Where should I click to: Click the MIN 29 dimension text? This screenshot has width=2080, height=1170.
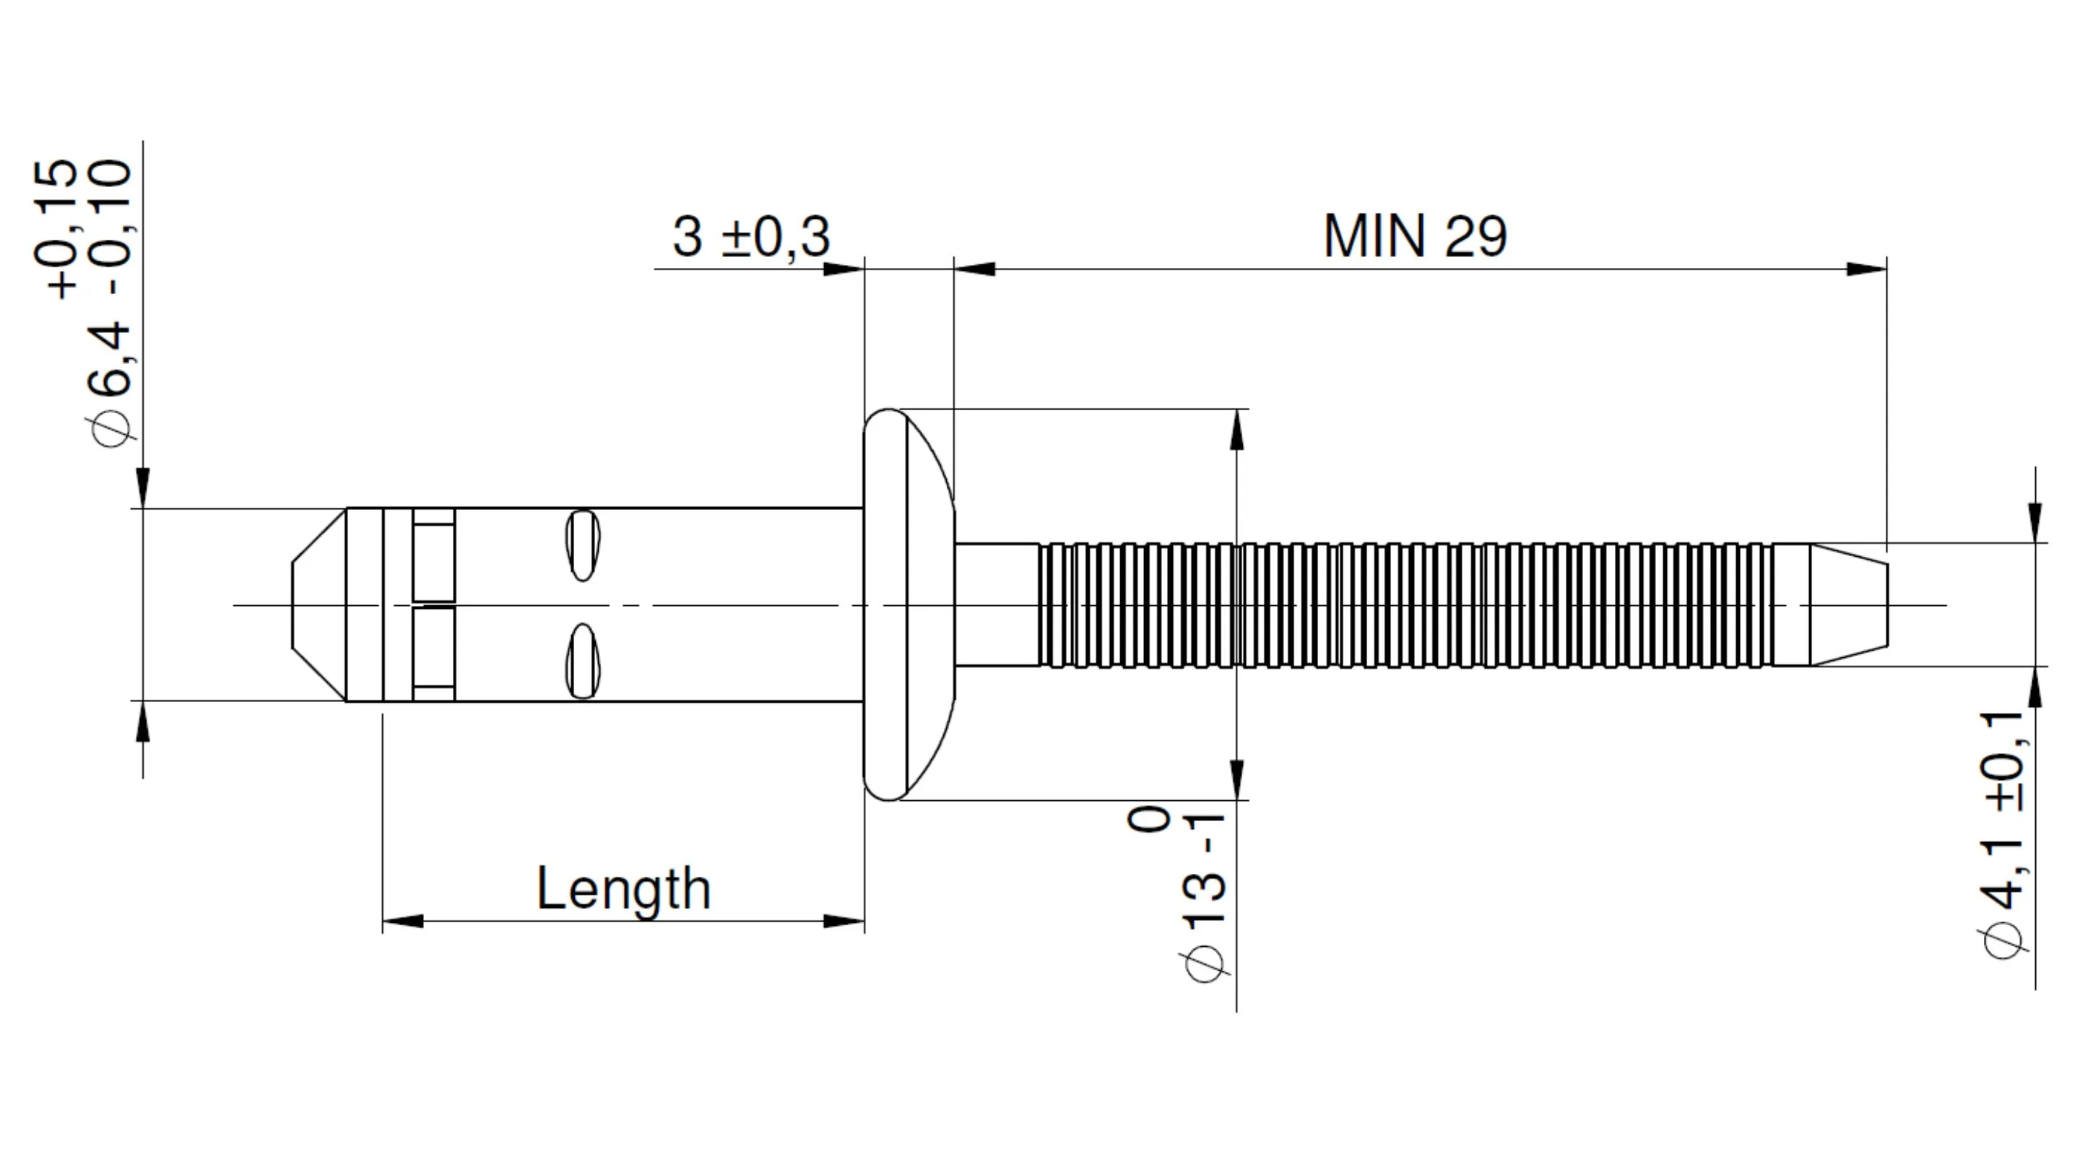pos(1415,237)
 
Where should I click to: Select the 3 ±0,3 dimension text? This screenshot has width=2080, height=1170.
pos(751,238)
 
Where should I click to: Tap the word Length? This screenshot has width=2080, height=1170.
pos(623,889)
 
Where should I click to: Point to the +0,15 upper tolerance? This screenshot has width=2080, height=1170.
pos(56,230)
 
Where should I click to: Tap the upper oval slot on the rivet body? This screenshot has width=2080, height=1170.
pos(582,545)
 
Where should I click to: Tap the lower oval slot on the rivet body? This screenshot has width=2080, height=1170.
pos(582,662)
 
